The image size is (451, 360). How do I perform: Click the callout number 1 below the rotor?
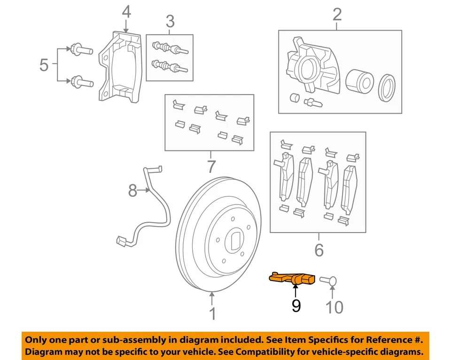212,313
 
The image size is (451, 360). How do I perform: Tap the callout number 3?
170,21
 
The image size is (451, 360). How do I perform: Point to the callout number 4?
126,12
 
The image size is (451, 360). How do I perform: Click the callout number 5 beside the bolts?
44,65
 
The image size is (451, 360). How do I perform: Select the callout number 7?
210,166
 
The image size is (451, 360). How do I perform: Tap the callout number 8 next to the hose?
133,190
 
